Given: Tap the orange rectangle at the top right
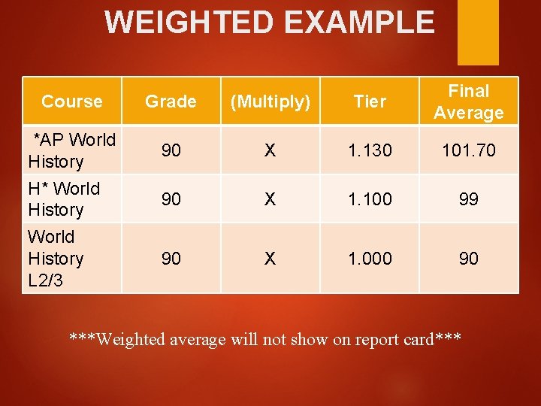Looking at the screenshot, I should point(478,32).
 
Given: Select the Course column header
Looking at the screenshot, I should point(72,101).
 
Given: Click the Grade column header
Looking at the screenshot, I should point(171,101).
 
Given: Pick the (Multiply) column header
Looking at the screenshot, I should point(270,101).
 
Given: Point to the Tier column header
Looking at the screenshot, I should point(370,101).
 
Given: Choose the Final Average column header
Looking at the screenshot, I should point(468,101).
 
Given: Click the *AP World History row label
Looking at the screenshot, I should point(72,150).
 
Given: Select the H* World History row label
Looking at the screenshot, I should point(64,198).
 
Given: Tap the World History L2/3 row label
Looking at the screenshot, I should point(55,258).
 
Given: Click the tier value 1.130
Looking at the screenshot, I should point(370,150).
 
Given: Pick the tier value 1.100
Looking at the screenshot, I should point(370,198).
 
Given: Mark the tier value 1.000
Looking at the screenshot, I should point(370,259).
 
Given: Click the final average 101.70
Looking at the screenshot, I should point(468,150).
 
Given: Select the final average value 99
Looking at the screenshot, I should point(468,198).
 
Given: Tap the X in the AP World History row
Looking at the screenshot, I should point(270,150).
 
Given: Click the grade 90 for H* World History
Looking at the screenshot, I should point(171,198).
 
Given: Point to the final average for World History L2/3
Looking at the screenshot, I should point(468,259).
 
